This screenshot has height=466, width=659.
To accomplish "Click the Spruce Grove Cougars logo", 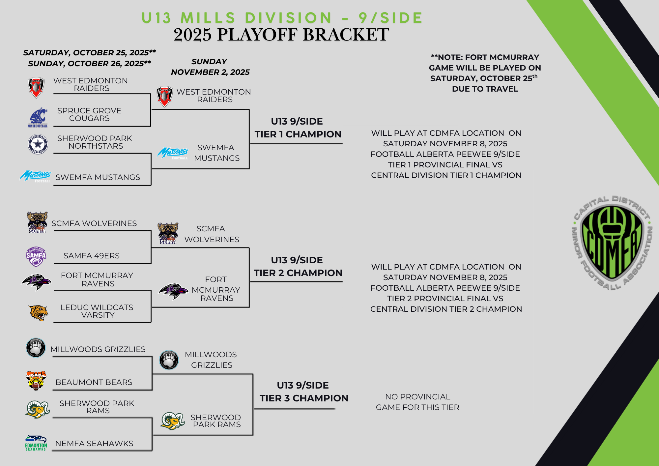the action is [x=38, y=117].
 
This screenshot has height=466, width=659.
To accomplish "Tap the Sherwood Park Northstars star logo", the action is [x=38, y=144].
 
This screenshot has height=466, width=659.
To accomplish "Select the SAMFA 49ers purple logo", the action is [x=36, y=256].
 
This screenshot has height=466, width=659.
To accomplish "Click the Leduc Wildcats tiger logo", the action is [x=38, y=313].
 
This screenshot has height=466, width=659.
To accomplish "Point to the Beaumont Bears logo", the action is [x=36, y=381].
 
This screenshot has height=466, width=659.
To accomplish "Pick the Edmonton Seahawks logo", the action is [x=36, y=443].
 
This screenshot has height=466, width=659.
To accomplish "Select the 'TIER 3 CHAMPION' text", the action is [x=304, y=398].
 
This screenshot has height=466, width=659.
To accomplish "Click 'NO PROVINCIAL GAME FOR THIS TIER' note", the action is [x=417, y=402].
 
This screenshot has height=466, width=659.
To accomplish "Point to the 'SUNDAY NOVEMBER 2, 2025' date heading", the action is [x=210, y=67].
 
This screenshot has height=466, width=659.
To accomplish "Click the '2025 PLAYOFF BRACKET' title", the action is [x=281, y=35].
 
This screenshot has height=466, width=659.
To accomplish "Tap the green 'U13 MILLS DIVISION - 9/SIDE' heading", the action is [x=282, y=18].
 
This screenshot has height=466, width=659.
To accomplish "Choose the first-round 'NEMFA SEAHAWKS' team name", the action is [x=94, y=444].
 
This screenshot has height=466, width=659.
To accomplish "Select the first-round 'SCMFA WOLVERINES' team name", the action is [x=94, y=223].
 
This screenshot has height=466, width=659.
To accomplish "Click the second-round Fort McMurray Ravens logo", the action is [x=173, y=291].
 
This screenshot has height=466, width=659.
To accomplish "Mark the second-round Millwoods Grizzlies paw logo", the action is [x=169, y=360].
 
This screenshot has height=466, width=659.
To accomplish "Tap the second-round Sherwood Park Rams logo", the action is [x=173, y=421].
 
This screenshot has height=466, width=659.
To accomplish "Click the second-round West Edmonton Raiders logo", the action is [x=164, y=97].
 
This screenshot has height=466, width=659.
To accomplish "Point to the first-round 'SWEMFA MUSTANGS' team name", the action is [x=98, y=177].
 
